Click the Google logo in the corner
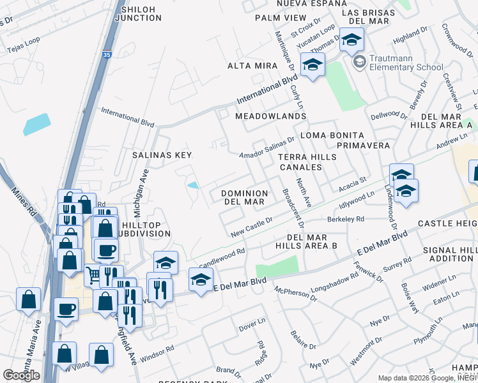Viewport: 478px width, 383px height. [x=21, y=375]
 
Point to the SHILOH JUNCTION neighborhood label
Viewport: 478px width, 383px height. [x=138, y=13]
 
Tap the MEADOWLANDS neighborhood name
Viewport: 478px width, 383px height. [x=262, y=116]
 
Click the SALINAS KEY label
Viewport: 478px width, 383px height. [x=162, y=155]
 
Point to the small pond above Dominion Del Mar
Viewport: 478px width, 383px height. [x=193, y=186]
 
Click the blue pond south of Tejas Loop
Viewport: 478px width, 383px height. [x=36, y=124]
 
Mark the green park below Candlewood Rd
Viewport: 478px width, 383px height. [x=277, y=267]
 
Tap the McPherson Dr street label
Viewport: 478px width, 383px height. [x=295, y=294]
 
